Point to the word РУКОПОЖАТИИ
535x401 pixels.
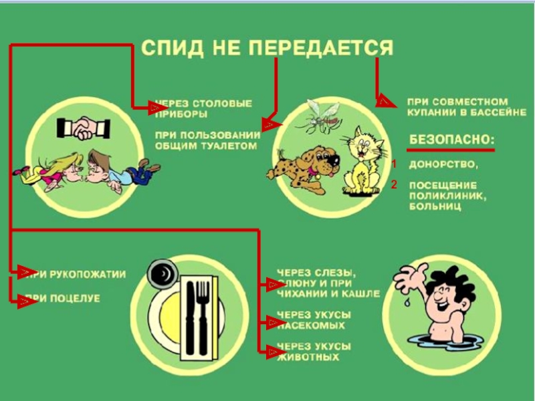coord(88,275)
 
